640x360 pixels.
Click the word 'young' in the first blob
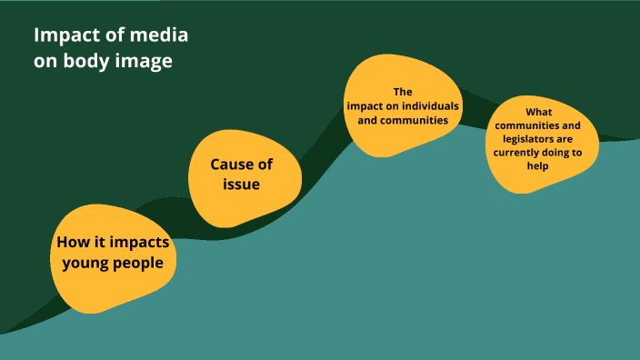81,264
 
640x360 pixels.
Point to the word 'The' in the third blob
403,92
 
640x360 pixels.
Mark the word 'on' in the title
46,63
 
